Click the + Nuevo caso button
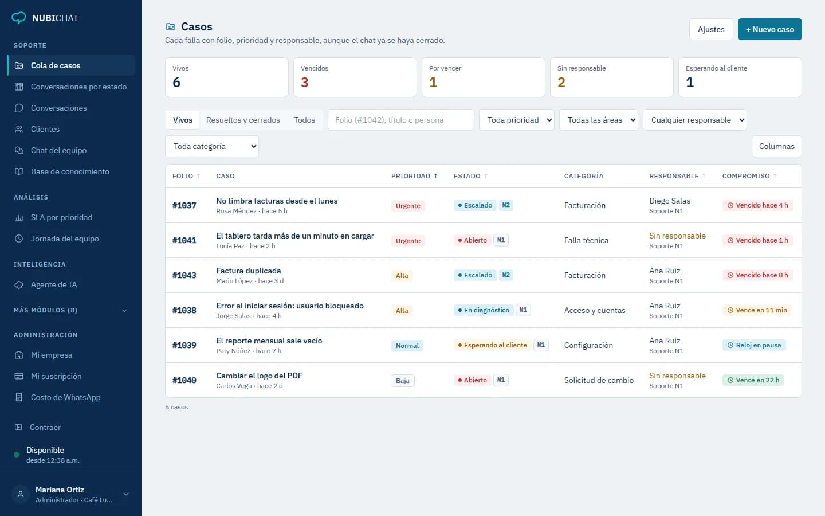[x=769, y=29]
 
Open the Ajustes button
[x=711, y=29]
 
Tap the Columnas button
[x=776, y=146]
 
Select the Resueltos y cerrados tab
[x=243, y=120]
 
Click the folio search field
[x=400, y=120]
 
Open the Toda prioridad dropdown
[x=516, y=120]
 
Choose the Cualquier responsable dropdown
[x=694, y=120]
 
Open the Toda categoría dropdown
[x=212, y=146]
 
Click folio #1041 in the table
[x=184, y=240]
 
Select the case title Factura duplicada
[x=248, y=271]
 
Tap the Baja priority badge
[x=403, y=380]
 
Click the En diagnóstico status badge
[x=483, y=310]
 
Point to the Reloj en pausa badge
[x=754, y=345]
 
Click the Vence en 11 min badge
[x=757, y=310]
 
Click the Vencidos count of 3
[x=304, y=82]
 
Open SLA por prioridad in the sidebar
[x=61, y=217]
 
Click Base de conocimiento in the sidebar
[x=70, y=171]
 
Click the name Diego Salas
[x=670, y=201]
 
